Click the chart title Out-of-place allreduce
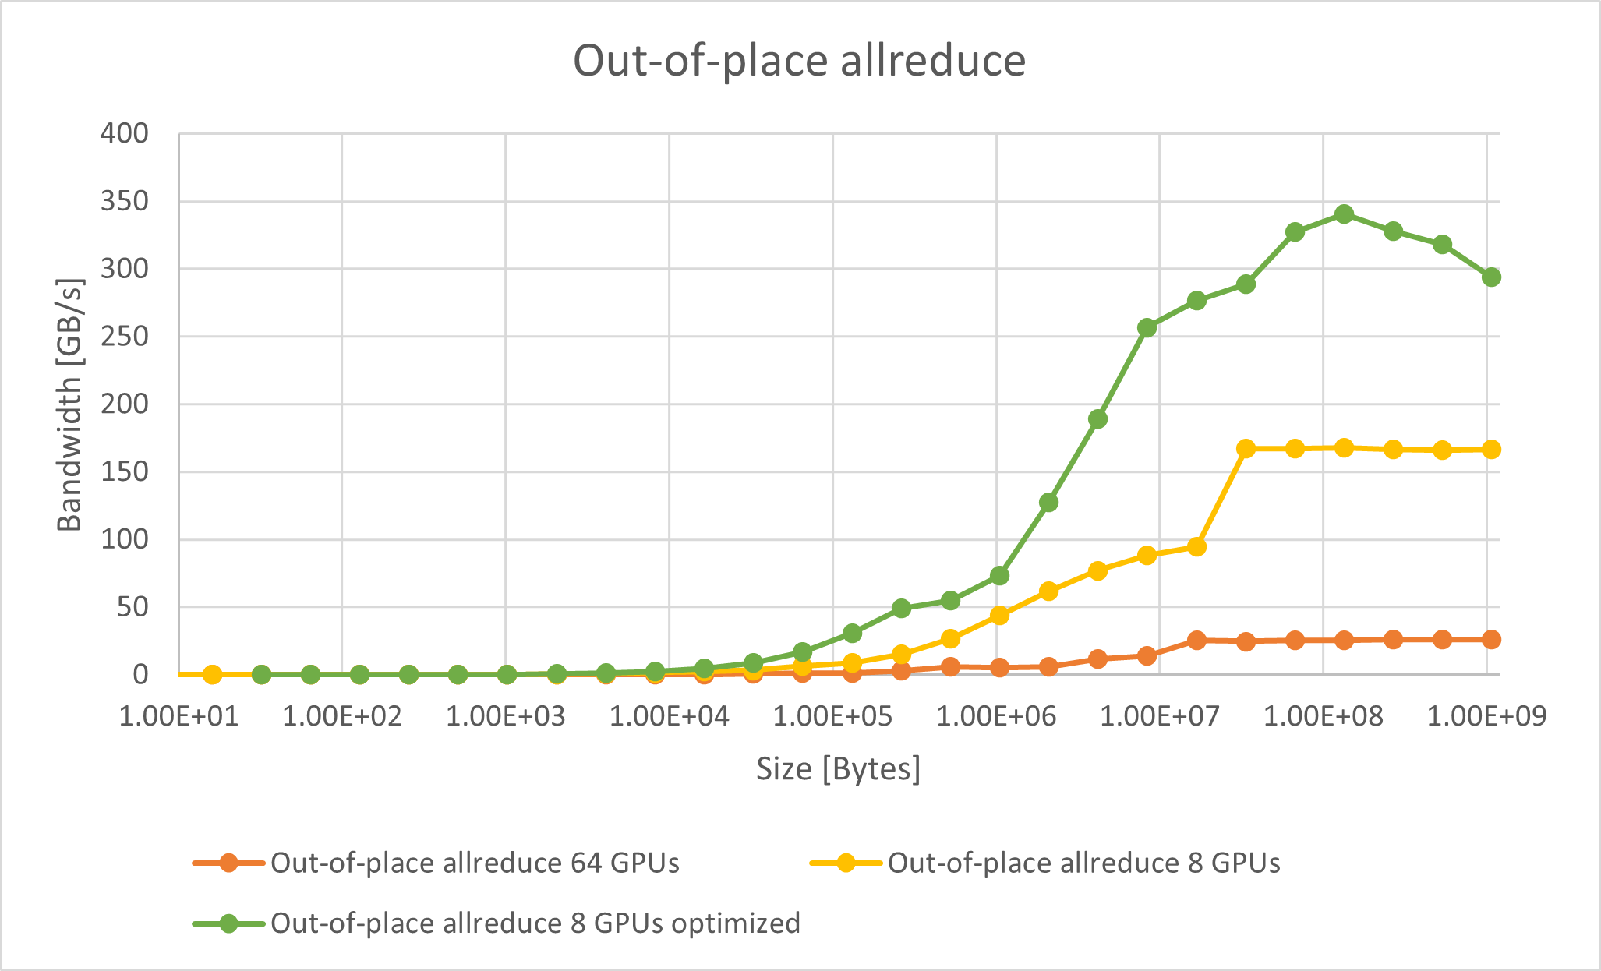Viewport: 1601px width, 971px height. coord(799,61)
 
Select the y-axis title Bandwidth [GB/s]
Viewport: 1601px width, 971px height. coord(70,404)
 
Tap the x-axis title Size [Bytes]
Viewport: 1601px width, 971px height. coord(838,769)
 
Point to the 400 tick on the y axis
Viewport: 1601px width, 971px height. coord(124,134)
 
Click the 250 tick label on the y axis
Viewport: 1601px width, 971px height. coord(124,337)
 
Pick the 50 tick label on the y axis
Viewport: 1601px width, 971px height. coord(133,607)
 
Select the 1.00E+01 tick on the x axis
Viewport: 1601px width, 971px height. coord(178,716)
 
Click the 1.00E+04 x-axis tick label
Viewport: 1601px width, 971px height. coord(669,716)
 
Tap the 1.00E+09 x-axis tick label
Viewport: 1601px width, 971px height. coord(1486,716)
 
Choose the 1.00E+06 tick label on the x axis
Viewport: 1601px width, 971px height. coord(996,716)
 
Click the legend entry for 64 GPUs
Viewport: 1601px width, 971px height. coord(475,863)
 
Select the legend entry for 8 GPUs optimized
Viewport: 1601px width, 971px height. coord(535,923)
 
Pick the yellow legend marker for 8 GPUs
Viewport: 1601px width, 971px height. coord(845,863)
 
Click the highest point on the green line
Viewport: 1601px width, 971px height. coord(1344,214)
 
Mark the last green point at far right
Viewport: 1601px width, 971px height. coord(1491,277)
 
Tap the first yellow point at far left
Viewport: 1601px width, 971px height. coord(212,674)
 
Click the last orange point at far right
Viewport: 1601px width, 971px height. coord(1491,640)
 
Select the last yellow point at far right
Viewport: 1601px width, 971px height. coord(1491,450)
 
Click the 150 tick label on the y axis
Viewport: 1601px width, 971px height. coord(124,472)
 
